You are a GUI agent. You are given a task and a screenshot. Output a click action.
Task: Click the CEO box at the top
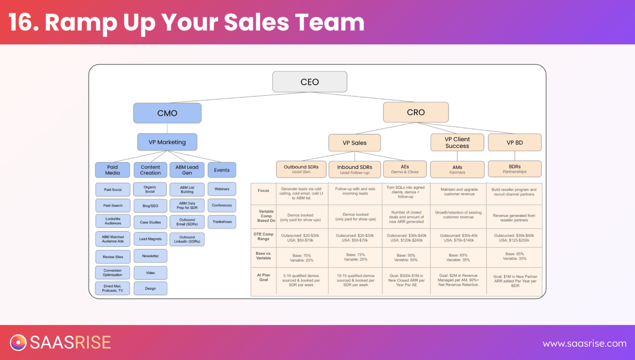[x=310, y=82]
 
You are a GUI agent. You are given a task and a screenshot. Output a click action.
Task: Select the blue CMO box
[x=167, y=113]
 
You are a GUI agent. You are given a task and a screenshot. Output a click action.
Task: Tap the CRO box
[x=416, y=112]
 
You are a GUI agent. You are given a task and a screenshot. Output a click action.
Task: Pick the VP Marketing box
[x=167, y=142]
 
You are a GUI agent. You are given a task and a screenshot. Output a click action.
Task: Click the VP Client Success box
[x=457, y=143]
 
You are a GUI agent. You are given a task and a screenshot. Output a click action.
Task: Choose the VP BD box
[x=515, y=143]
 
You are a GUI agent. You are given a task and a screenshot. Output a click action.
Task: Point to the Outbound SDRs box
[x=301, y=169]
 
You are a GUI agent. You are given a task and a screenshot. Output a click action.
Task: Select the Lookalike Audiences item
[x=113, y=220]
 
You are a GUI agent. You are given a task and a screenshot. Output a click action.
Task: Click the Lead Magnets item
[x=150, y=239]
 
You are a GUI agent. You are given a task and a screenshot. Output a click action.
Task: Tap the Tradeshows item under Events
[x=222, y=222]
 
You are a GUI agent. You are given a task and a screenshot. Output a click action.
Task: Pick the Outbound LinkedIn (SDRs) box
[x=187, y=240]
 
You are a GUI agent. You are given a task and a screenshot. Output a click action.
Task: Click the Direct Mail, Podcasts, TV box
[x=113, y=288]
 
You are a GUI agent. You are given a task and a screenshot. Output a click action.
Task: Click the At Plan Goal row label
[x=263, y=278]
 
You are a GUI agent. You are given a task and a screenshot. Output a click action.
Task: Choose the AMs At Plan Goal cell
[x=458, y=280]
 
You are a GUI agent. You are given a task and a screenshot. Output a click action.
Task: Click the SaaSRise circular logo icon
[x=18, y=342]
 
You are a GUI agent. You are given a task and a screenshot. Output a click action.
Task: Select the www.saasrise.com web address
[x=584, y=344]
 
